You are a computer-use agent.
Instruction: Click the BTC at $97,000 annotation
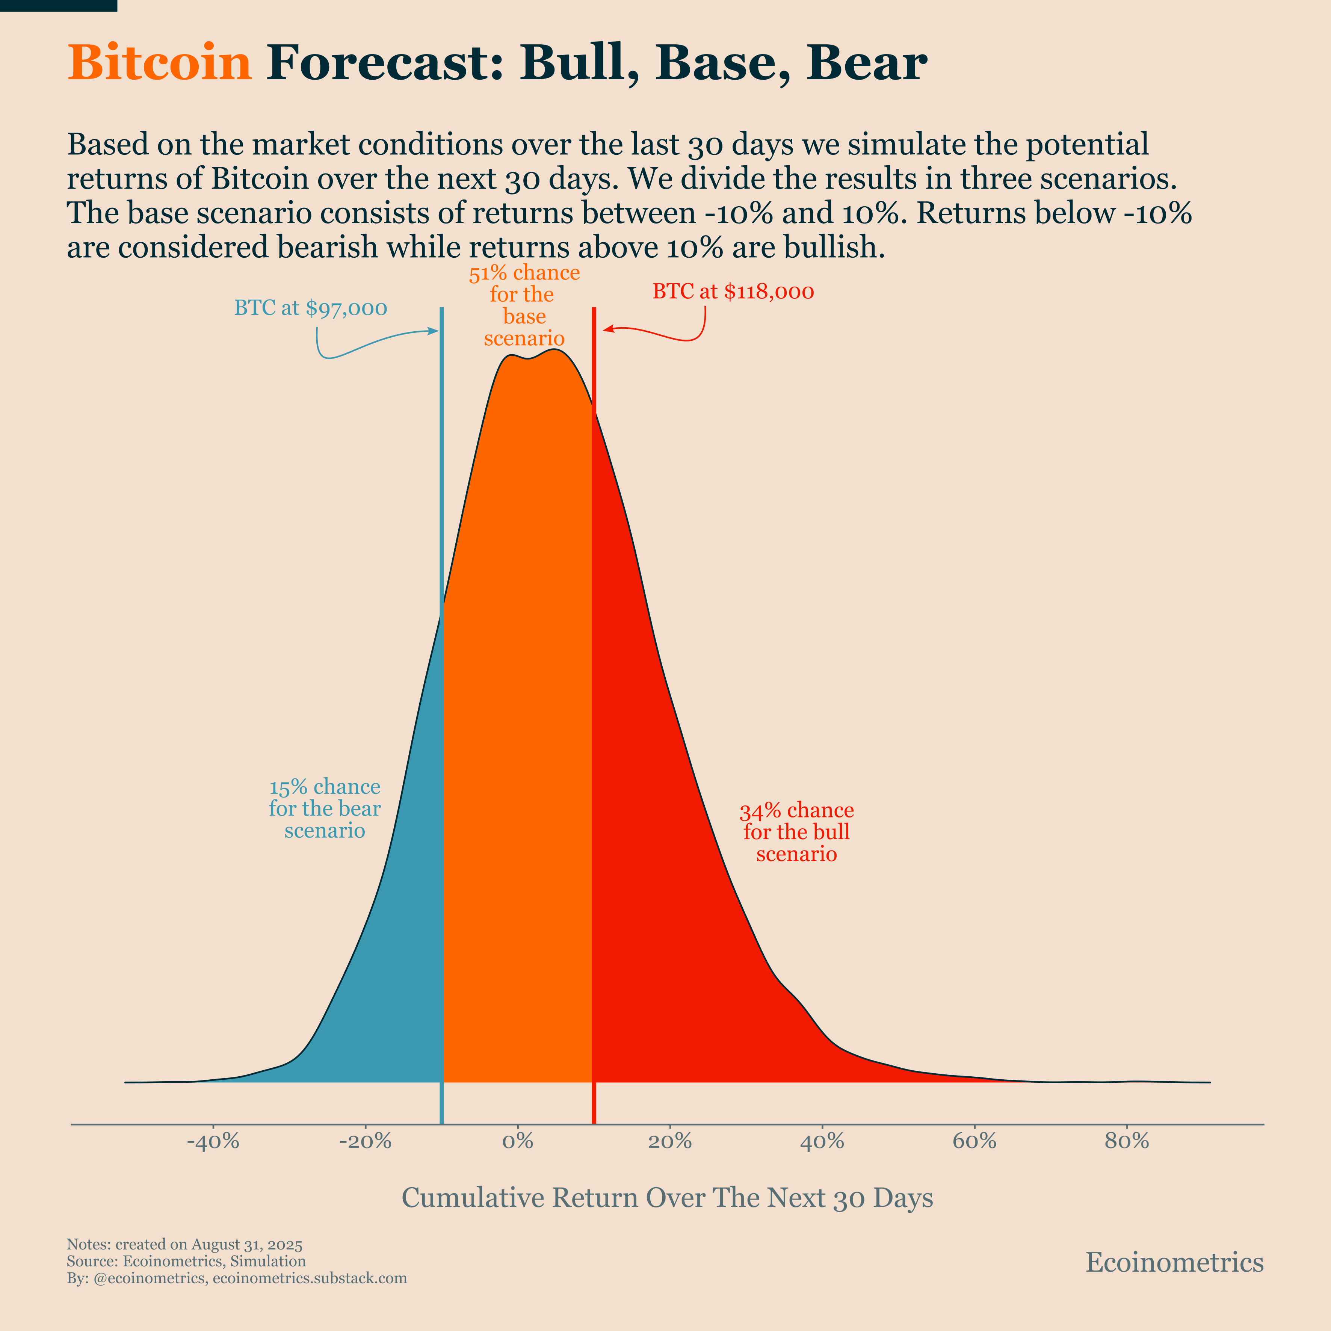[311, 308]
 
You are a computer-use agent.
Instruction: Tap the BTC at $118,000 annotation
[733, 292]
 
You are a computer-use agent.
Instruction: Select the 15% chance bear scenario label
[325, 809]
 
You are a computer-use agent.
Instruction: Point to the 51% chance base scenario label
[524, 305]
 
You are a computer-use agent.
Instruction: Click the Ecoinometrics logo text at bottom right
[1174, 1262]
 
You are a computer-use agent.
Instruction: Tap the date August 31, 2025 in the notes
[247, 1244]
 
